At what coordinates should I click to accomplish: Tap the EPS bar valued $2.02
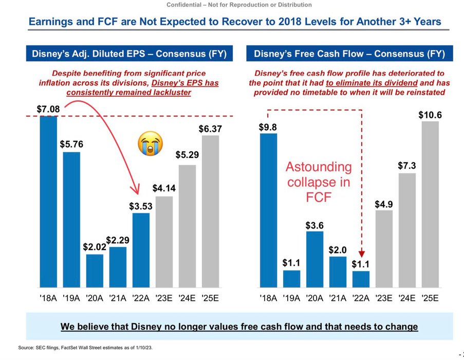(x=95, y=271)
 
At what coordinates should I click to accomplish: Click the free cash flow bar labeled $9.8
(x=268, y=210)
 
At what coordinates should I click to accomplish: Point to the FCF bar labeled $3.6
(x=314, y=259)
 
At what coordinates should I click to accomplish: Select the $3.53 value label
(x=140, y=206)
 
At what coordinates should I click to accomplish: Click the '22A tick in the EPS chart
(x=140, y=297)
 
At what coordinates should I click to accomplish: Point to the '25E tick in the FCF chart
(x=430, y=297)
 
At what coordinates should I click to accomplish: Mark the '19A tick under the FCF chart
(x=291, y=297)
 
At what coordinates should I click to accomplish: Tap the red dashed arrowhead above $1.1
(x=362, y=253)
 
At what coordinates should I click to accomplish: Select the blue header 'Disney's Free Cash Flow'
(x=349, y=54)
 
